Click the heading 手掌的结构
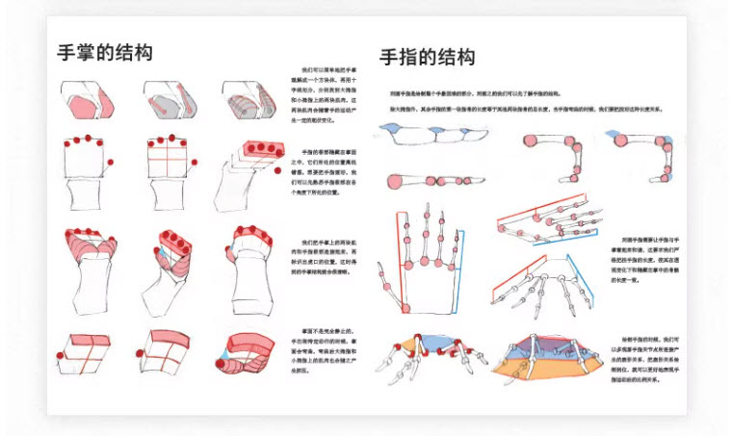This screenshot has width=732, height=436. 105,52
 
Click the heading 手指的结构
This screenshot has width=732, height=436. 427,57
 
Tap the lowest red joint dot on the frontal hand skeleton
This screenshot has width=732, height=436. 387,287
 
